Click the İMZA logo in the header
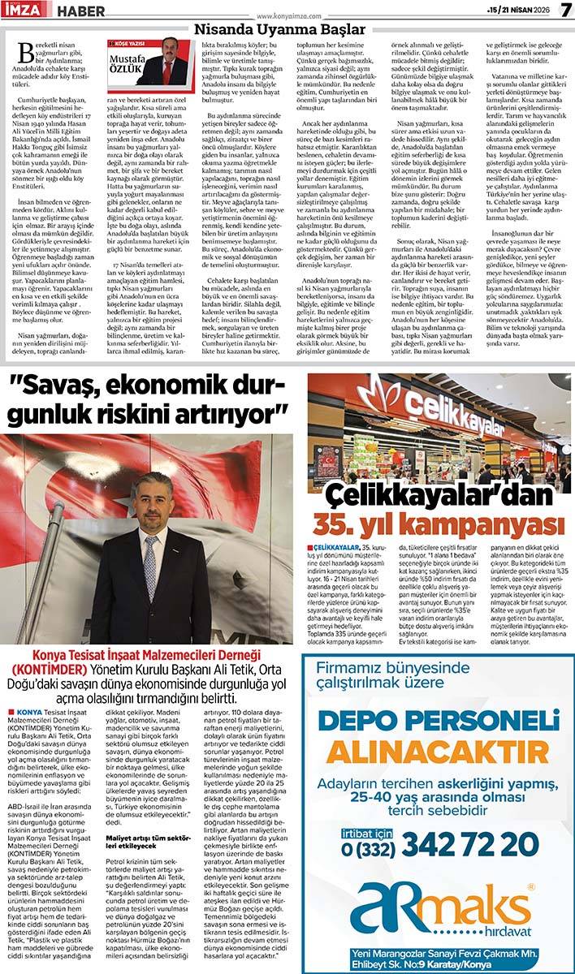[27, 10]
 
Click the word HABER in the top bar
[77, 10]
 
